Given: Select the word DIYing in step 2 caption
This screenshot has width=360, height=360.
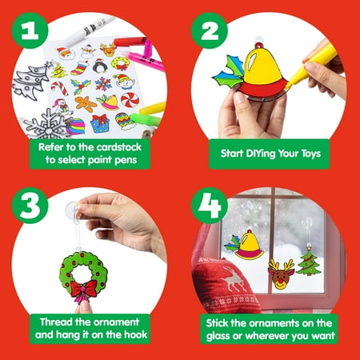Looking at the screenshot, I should (x=265, y=150).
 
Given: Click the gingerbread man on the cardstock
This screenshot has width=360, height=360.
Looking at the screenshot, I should (x=86, y=102).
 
